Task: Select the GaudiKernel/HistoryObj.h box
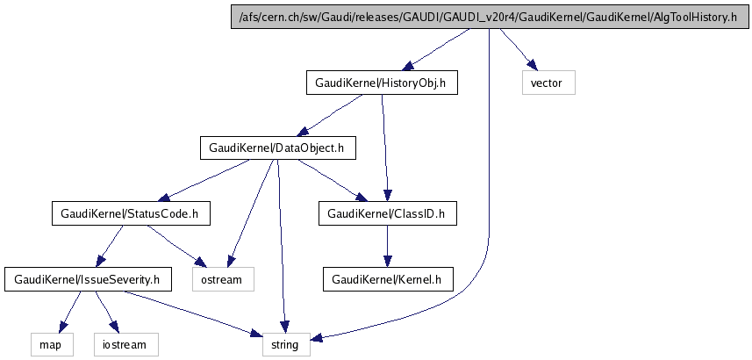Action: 381,83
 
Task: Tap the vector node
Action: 548,83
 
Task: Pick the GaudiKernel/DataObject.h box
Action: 277,148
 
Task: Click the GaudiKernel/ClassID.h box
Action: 387,213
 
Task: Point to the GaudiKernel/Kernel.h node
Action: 387,279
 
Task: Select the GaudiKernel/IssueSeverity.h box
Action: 87,279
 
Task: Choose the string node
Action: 285,344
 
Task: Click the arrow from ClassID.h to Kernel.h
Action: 387,247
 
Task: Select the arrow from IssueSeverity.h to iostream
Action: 102,312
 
